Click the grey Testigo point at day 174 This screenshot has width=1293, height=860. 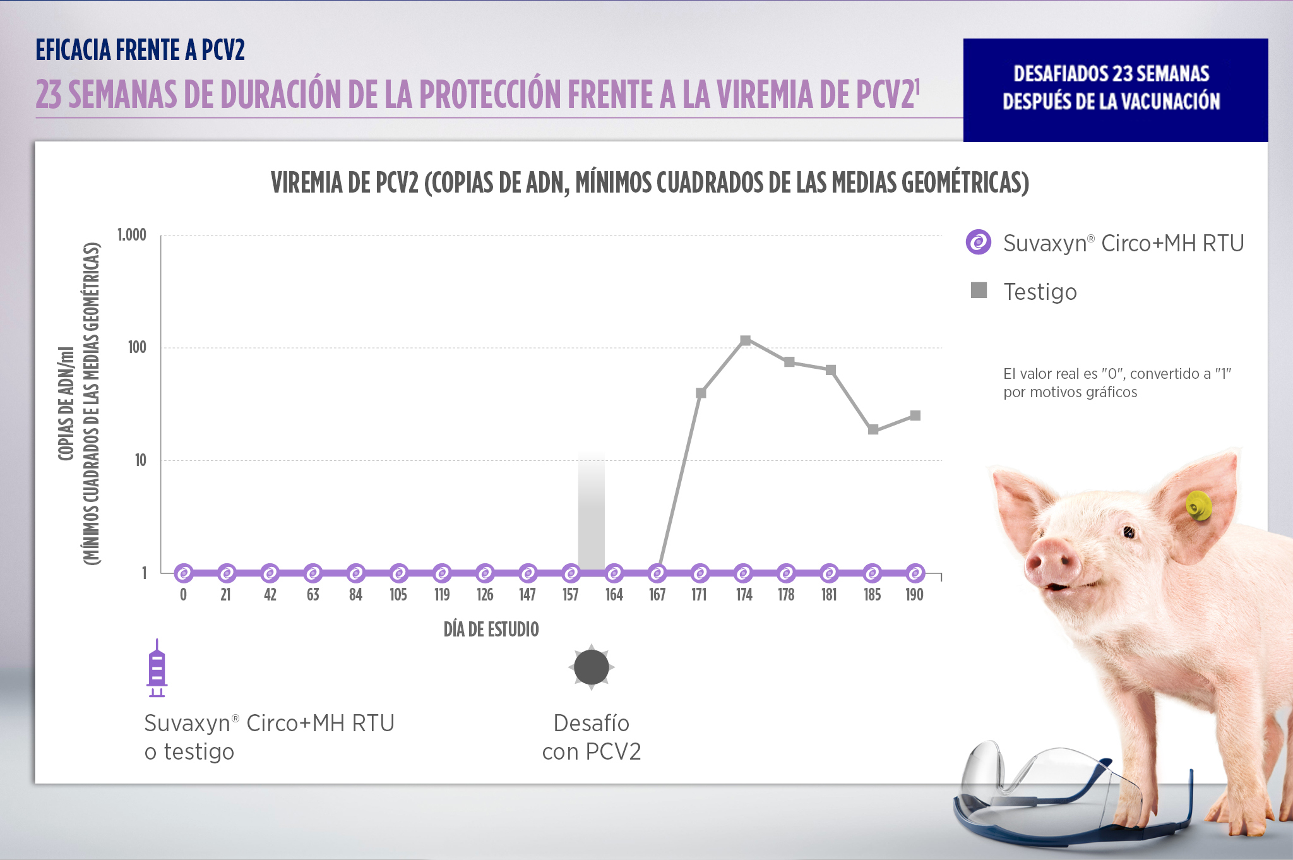point(745,340)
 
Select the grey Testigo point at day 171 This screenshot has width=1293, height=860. point(701,393)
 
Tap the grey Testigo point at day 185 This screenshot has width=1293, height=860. point(873,429)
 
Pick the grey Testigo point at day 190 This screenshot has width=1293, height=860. point(915,415)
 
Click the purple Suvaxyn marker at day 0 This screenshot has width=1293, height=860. point(184,573)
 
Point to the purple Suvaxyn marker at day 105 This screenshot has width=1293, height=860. point(399,573)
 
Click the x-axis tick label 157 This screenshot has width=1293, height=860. point(571,595)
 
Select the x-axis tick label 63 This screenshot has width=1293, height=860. point(313,595)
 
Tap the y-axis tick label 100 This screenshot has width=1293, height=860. point(137,347)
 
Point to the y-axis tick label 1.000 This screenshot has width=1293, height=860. point(131,235)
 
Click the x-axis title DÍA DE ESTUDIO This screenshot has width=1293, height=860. point(491,630)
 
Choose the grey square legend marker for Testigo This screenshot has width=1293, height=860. point(979,290)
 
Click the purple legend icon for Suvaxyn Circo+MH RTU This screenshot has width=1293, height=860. point(979,242)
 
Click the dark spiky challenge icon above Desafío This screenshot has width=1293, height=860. point(592,667)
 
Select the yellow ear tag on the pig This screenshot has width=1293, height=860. point(1198,506)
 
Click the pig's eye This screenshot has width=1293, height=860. point(1129,532)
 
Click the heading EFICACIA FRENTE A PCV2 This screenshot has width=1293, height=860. point(140,50)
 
